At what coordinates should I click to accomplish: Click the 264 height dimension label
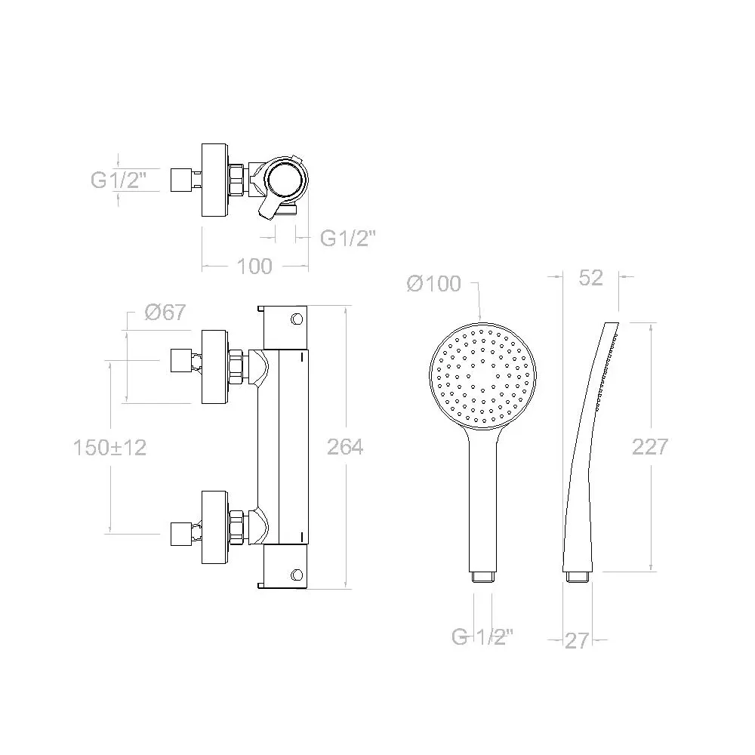[x=345, y=447]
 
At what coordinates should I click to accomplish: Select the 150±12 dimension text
[x=109, y=448]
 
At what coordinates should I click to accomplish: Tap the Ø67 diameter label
[x=165, y=313]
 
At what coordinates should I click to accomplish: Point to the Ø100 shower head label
[x=434, y=284]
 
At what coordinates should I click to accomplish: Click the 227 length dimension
[x=650, y=447]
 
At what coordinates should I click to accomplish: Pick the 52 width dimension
[x=591, y=278]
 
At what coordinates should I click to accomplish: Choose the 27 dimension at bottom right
[x=577, y=641]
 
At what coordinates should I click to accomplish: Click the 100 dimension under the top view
[x=254, y=267]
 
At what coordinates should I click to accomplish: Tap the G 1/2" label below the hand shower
[x=482, y=637]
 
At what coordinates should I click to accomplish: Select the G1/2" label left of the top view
[x=119, y=180]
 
